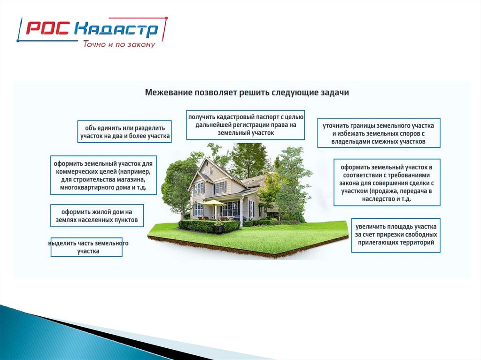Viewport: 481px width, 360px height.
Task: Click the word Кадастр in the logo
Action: [116, 30]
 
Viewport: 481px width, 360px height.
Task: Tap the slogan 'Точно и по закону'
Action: [119, 44]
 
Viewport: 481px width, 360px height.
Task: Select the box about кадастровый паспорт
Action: [245, 125]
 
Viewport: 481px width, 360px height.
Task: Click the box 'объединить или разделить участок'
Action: [124, 131]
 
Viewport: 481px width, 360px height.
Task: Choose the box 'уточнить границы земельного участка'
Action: [379, 133]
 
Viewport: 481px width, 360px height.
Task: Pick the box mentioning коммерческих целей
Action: [103, 175]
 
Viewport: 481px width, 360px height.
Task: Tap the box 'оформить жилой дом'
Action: [97, 215]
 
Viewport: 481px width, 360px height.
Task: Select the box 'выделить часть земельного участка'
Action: [86, 247]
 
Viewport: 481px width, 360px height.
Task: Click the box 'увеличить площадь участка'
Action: [396, 235]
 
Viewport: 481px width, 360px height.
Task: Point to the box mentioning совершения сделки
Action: [387, 183]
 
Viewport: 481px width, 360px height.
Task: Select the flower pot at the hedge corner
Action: [218, 228]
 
